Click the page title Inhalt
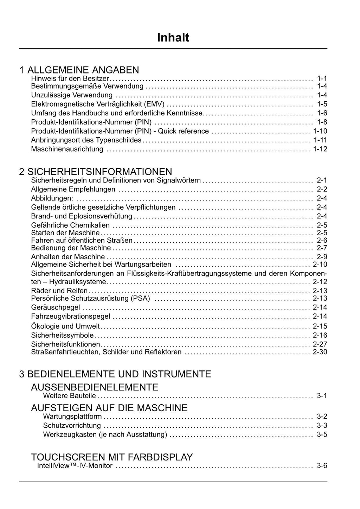pos(173,38)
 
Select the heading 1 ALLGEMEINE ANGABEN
pos(79,70)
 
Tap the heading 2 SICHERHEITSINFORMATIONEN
pos(96,172)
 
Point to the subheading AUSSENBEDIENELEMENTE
pos(95,387)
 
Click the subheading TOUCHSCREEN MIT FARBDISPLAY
pos(112,457)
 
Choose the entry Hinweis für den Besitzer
pos(70,78)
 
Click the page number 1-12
pos(320,149)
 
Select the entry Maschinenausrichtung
pos(67,149)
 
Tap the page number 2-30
pos(320,352)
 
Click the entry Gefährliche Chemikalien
pos(70,225)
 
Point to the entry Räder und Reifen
pos(59,291)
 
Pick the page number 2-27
pos(320,344)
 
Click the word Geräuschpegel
pos(56,307)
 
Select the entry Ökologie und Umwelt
pos(65,326)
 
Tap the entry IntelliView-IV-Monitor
pos(75,466)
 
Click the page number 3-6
pos(322,466)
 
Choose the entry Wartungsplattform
pos(72,417)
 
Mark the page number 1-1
pos(322,78)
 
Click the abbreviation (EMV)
pos(154,104)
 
